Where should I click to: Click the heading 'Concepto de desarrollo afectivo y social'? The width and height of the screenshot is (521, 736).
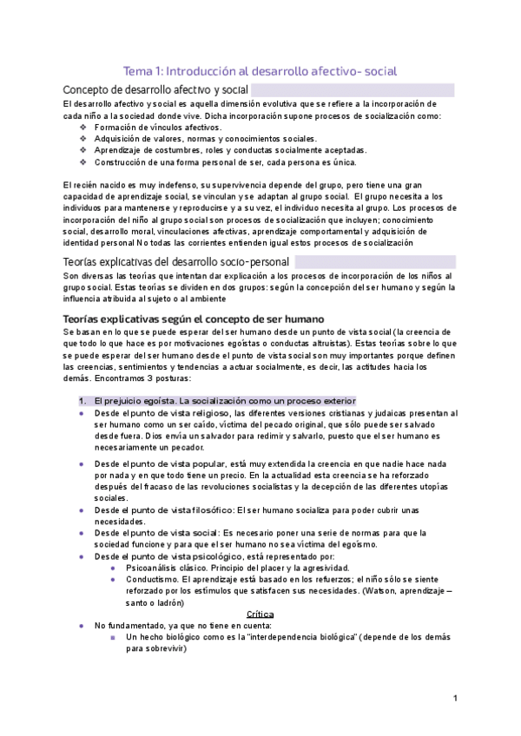click(156, 90)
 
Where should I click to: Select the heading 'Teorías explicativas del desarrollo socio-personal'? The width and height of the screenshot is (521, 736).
click(177, 261)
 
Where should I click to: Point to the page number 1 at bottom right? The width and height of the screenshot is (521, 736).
click(456, 698)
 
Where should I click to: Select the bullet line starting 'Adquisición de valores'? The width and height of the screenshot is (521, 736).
click(205, 139)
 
